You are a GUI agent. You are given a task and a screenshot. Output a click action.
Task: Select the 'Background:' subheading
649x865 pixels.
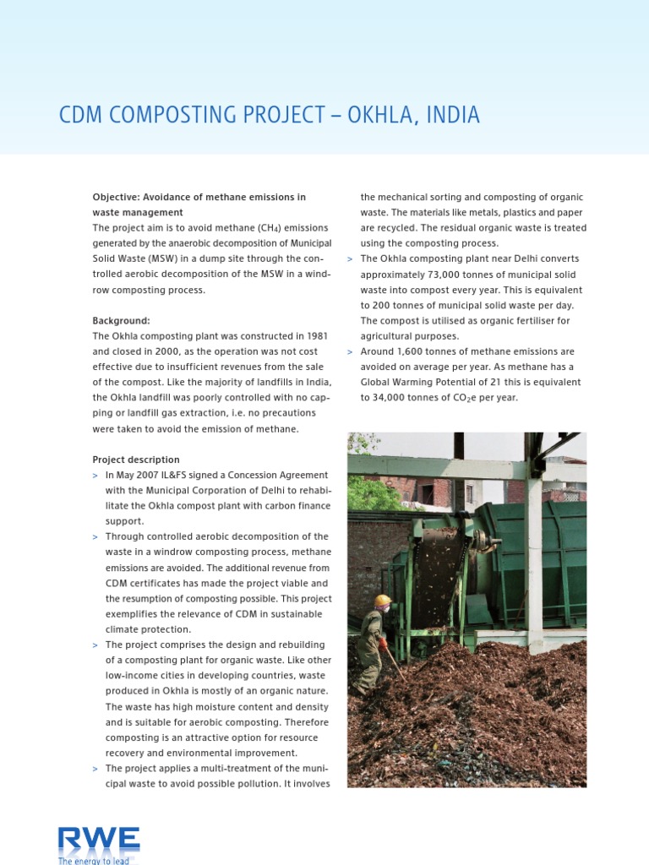tap(121, 321)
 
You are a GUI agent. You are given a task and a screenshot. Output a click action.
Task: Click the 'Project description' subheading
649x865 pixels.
tap(136, 460)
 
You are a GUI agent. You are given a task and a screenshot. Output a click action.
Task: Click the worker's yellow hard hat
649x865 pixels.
tap(383, 601)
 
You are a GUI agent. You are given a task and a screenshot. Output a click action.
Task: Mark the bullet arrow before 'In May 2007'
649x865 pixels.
tap(95, 476)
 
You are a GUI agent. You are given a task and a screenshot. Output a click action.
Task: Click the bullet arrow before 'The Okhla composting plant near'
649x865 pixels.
tap(350, 259)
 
